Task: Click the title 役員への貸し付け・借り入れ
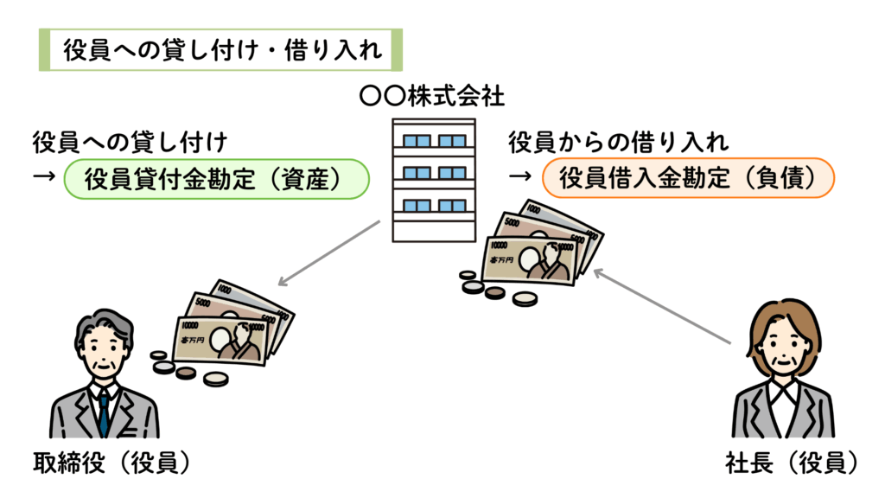(222, 51)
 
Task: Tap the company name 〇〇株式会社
(431, 95)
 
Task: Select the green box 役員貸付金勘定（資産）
(216, 179)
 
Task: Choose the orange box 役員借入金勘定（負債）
(687, 179)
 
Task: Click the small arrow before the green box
(43, 179)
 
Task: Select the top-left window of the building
(417, 140)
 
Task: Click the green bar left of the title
(43, 51)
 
